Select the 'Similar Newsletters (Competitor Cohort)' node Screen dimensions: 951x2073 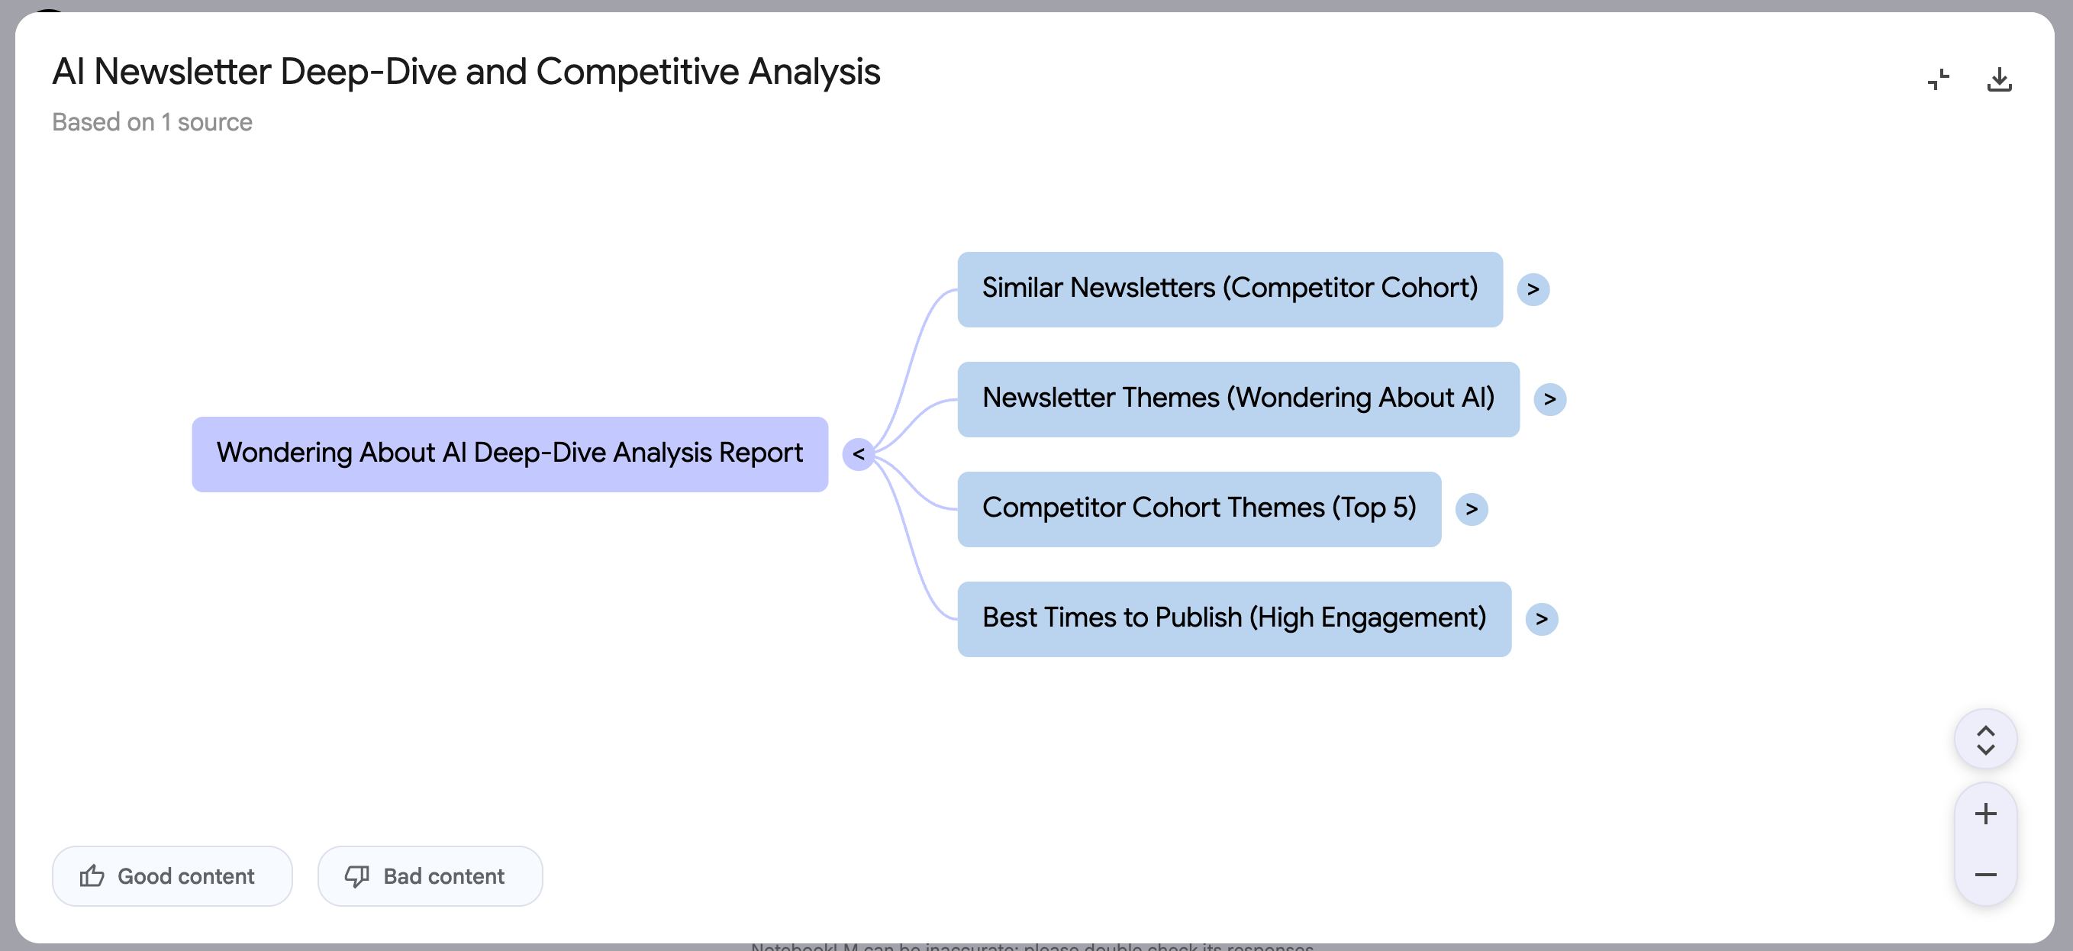1229,289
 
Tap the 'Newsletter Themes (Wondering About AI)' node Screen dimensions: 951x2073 1238,399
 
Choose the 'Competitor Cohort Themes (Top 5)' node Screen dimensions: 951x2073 1198,508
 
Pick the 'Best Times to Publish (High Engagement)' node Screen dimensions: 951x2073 1233,619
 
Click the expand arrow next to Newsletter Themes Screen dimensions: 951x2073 1549,399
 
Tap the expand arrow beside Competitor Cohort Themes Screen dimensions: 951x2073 1471,509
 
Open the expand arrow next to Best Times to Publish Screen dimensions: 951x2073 1541,620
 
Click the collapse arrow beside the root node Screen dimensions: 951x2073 858,455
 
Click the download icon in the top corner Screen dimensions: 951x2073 1999,79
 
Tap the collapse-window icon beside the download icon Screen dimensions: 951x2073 1938,79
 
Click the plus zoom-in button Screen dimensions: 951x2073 1985,814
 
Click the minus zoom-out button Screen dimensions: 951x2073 1985,875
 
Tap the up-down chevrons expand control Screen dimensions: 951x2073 1985,740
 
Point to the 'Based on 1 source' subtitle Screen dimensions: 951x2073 152,122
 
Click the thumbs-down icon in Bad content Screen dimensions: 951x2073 356,876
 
